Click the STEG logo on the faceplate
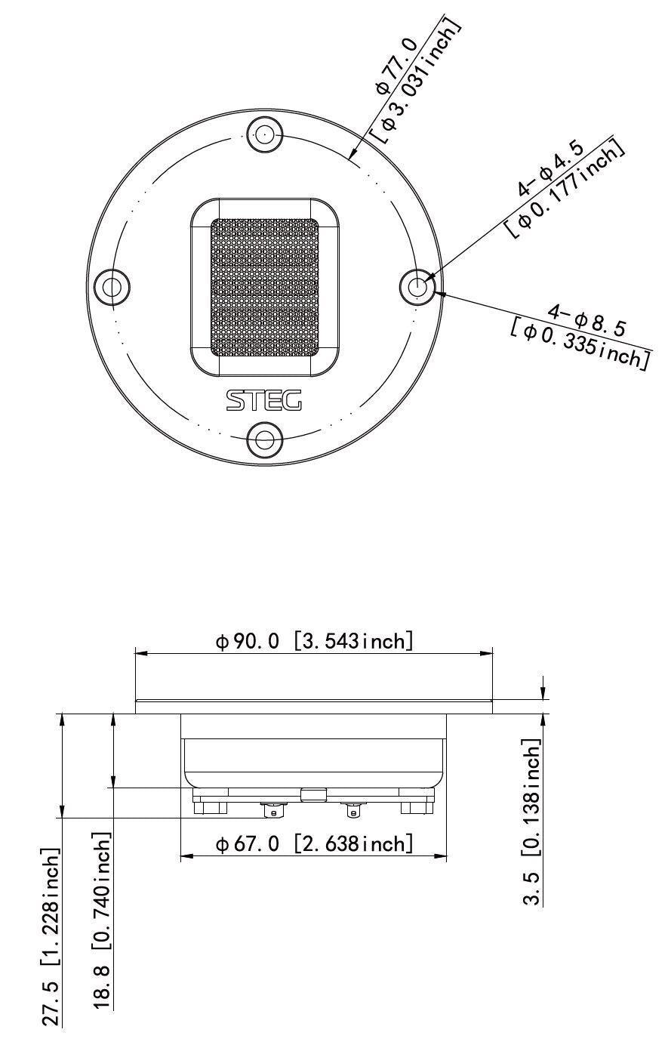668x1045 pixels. click(264, 400)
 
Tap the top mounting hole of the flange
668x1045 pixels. click(264, 134)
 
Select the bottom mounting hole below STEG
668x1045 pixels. click(265, 439)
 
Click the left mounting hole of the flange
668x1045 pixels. click(112, 286)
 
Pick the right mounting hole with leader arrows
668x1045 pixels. click(418, 286)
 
